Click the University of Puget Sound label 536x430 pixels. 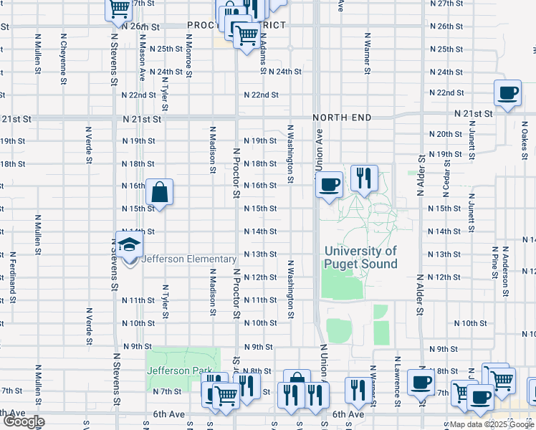click(360, 257)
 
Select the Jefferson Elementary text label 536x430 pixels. click(189, 259)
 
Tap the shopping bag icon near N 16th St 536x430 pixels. click(159, 192)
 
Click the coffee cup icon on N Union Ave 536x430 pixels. click(329, 186)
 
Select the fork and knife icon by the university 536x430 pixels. click(364, 178)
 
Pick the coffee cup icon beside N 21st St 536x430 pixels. click(508, 94)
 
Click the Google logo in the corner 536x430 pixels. click(24, 421)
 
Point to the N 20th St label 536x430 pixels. click(445, 134)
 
